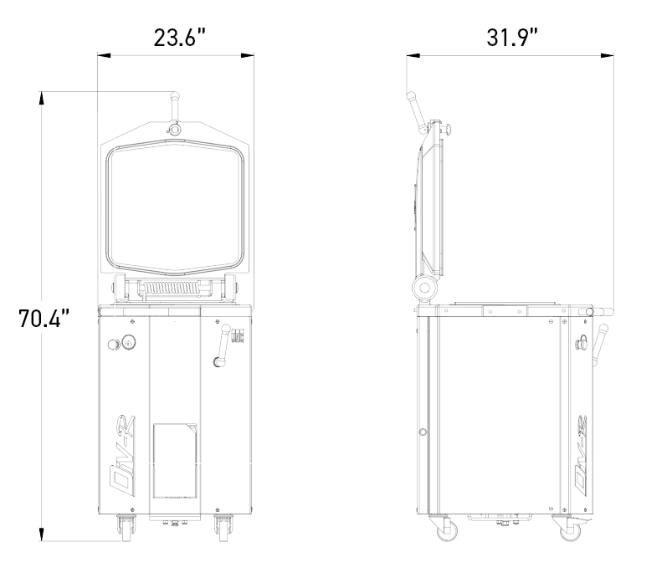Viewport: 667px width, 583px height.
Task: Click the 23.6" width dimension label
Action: [180, 38]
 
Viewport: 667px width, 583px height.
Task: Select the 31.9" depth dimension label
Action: [512, 38]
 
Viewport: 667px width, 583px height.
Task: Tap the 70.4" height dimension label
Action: [44, 318]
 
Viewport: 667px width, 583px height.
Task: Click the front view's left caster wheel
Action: [126, 529]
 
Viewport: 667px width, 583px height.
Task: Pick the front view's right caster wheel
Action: [223, 529]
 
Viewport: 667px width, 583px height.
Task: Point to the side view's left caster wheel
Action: [445, 529]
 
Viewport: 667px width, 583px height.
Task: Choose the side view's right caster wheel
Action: [569, 529]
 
